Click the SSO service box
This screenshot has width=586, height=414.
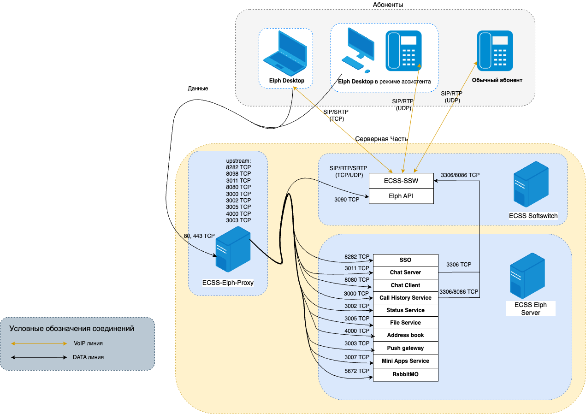click(405, 260)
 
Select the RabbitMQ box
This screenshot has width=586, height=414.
click(405, 374)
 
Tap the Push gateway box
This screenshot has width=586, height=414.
click(405, 348)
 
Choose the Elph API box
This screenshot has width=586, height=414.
click(402, 195)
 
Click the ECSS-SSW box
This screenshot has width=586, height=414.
click(402, 181)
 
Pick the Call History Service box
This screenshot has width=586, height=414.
click(405, 298)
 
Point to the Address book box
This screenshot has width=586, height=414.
click(405, 335)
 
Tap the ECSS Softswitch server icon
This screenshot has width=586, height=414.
click(531, 184)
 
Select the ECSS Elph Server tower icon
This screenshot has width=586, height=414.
click(527, 275)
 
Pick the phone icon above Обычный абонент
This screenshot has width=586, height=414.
click(494, 50)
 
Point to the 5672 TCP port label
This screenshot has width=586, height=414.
click(357, 371)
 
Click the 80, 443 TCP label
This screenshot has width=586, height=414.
click(199, 236)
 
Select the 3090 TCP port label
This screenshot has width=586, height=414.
click(347, 200)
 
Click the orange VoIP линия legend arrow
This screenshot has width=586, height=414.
click(39, 343)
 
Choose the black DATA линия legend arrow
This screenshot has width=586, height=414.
click(39, 357)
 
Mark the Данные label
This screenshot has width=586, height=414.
click(198, 89)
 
